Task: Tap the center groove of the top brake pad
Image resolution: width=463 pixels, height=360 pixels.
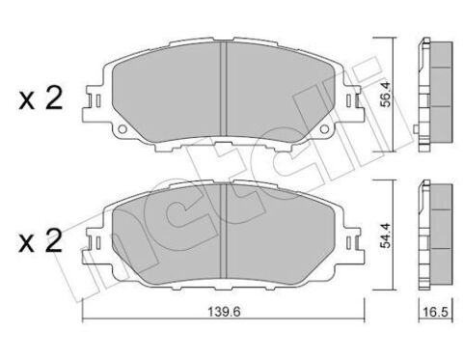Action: pos(224,87)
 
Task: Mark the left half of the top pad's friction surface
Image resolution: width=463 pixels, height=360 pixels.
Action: pos(169,92)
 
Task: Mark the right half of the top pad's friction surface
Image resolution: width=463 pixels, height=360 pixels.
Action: pos(280,92)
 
